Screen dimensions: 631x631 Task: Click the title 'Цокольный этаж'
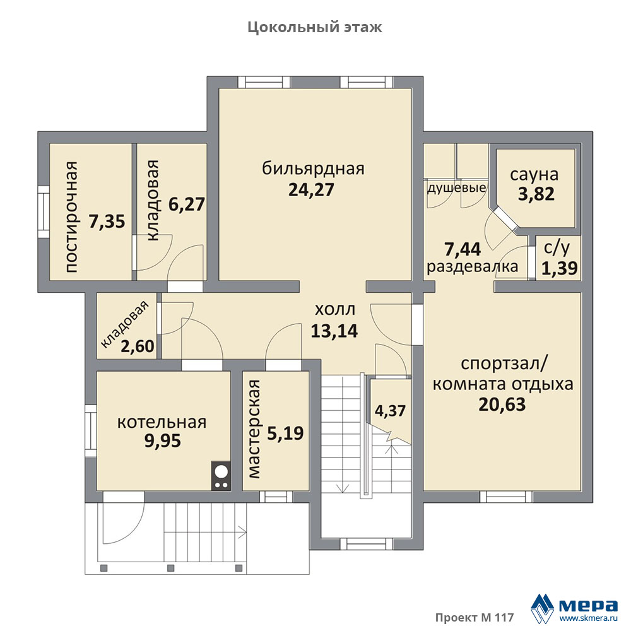[315, 27]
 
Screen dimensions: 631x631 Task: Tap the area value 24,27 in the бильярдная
[311, 190]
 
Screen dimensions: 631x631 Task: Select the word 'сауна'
[534, 175]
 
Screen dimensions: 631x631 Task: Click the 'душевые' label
[456, 188]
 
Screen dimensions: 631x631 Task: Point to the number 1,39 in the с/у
[559, 268]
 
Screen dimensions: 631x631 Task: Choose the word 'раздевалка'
[473, 266]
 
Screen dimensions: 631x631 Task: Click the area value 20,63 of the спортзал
[502, 404]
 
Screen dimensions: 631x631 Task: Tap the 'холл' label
[335, 310]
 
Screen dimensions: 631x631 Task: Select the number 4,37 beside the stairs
[390, 411]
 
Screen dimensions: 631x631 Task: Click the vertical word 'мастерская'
[254, 429]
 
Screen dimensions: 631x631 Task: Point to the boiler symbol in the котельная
[221, 476]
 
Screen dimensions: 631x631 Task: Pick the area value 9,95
[163, 441]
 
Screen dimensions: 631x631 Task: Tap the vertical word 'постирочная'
[71, 217]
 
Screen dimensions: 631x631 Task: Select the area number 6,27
[186, 204]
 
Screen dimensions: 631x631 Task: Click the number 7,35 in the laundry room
[107, 221]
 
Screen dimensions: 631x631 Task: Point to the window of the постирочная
[44, 212]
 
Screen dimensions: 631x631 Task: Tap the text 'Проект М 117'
[475, 617]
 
